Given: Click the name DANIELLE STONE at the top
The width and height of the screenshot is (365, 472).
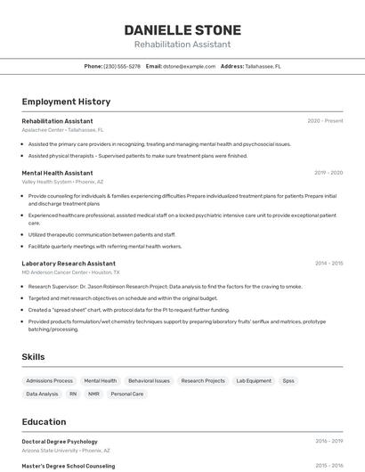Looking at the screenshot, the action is (182, 30).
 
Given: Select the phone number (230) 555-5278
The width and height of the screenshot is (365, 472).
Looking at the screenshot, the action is (122, 66).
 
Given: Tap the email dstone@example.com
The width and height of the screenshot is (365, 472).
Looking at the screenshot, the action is (190, 66).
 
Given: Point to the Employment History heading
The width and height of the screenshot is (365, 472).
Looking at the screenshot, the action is (66, 102).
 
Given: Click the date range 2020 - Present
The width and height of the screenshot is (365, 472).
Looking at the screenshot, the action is (325, 121).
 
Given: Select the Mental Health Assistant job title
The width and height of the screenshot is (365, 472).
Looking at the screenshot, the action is (57, 173).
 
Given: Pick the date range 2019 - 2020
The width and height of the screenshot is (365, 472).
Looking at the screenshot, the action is (328, 173).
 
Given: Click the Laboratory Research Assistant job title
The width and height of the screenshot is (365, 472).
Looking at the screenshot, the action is (69, 264).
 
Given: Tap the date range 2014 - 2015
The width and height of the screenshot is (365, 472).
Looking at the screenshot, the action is (328, 264).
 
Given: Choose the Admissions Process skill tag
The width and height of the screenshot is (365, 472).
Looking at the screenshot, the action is (50, 380).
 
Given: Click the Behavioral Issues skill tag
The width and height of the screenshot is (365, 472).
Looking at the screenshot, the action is (149, 380).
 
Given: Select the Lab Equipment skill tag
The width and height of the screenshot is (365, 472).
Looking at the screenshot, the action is (254, 380).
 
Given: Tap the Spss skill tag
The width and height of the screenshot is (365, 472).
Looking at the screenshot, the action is (288, 380).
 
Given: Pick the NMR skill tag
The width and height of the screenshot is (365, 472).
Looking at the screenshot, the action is (93, 394).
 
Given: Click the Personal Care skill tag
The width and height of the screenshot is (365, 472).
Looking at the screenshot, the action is (126, 394).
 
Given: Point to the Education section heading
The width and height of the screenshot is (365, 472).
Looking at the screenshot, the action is (44, 422).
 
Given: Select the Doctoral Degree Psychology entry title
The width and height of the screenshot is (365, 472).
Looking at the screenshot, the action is (60, 441).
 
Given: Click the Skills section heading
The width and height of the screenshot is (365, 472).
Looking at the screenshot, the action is (34, 357).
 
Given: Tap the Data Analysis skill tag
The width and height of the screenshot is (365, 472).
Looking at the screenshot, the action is (42, 394).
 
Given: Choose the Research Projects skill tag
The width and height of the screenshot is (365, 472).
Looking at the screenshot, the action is (203, 380).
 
